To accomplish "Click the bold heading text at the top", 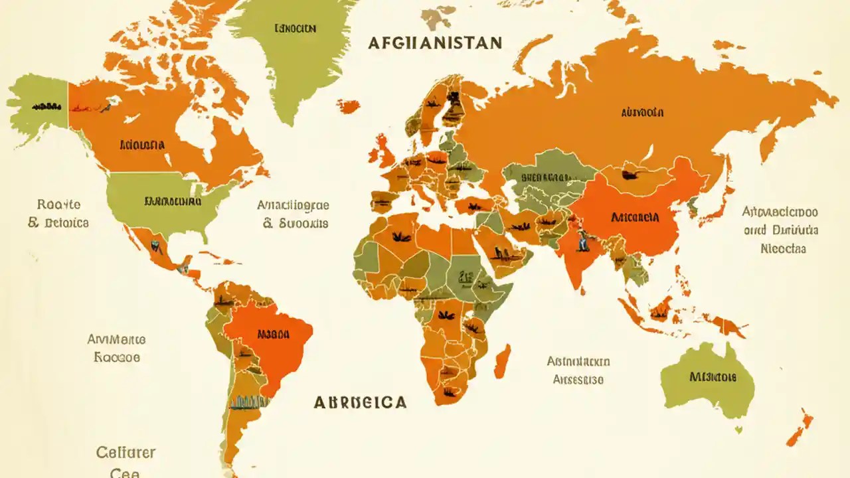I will click(435, 43).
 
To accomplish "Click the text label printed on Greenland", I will click(295, 29).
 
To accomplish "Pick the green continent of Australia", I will click(708, 382).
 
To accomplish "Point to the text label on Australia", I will click(713, 377).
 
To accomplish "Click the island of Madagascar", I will click(503, 361).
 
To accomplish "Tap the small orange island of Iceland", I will click(348, 106).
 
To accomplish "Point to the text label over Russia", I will click(642, 113).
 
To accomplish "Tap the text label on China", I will click(634, 217).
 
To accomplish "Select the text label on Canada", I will click(142, 144).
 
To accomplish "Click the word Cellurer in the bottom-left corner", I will click(126, 453).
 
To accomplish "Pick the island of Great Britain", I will click(384, 151).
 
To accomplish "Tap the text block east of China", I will click(780, 230).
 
